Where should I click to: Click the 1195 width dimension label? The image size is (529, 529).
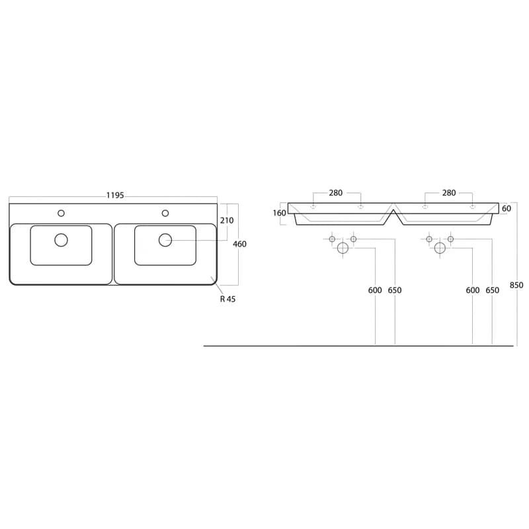click(115, 195)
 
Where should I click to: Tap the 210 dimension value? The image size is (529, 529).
click(227, 220)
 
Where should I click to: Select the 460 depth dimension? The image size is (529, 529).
click(239, 244)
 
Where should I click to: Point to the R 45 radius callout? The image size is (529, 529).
click(227, 299)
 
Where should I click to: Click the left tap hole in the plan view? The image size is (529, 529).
click(61, 213)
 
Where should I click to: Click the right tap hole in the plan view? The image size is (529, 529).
click(165, 213)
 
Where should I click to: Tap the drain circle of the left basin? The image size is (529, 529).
click(61, 240)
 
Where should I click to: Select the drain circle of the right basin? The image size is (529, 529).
click(165, 240)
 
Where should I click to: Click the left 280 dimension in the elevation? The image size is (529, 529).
click(336, 192)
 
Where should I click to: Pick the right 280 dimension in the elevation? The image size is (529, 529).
click(449, 192)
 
